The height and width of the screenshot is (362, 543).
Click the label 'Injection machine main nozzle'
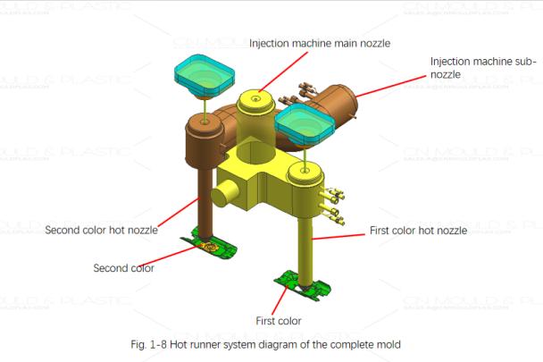pyautogui.click(x=319, y=43)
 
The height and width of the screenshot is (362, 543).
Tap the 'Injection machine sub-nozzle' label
pyautogui.click(x=482, y=68)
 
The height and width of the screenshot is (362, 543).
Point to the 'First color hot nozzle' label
pyautogui.click(x=418, y=231)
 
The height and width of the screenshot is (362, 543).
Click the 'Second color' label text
pyautogui.click(x=123, y=267)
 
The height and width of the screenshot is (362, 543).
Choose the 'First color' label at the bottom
pyautogui.click(x=278, y=321)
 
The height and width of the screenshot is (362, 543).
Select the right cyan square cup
pyautogui.click(x=304, y=122)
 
